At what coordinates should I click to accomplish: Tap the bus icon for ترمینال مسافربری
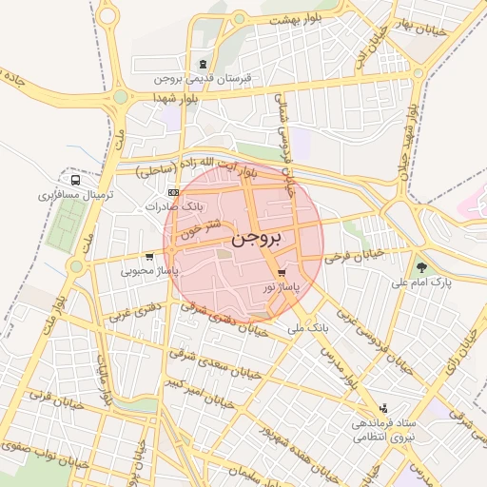coord(75,179)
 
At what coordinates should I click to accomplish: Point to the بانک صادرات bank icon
coord(172,192)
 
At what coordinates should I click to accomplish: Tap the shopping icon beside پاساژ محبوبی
coord(149,257)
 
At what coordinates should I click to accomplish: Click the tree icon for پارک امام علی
coord(421,267)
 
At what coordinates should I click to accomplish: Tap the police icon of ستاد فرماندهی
coord(383,407)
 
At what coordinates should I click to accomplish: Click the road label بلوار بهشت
coord(291,19)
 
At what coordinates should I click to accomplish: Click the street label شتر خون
coord(205,229)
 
